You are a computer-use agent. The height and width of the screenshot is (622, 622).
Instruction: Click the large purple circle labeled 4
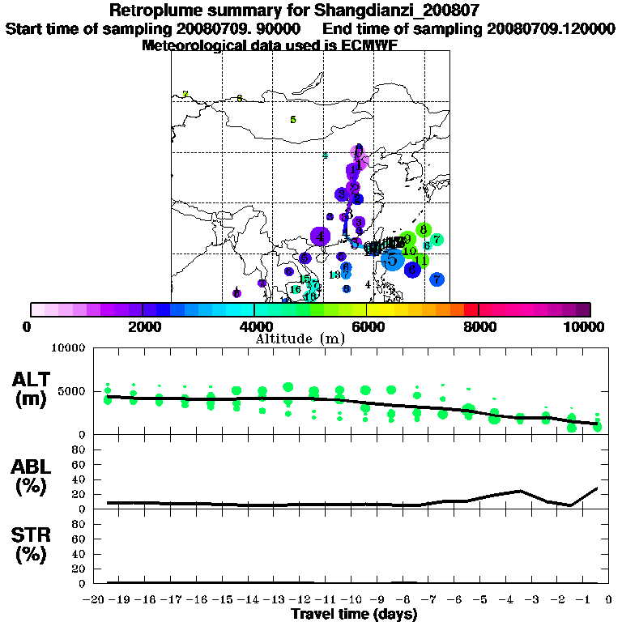click(321, 236)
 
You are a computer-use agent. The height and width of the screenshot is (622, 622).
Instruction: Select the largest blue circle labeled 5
click(392, 259)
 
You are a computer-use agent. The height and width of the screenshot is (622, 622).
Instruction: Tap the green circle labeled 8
click(423, 230)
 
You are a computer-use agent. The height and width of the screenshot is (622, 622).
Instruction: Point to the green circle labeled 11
click(421, 260)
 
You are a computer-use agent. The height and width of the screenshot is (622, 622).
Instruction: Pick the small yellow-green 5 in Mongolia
click(293, 120)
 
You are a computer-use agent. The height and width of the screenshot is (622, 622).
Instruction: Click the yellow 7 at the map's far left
click(185, 94)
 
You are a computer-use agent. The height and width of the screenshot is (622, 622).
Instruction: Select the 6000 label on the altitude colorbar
click(366, 326)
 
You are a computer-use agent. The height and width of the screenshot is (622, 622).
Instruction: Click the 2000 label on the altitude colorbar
click(143, 326)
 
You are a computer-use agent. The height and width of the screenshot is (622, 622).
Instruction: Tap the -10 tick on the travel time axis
click(353, 599)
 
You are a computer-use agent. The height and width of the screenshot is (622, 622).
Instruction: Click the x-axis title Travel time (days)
click(354, 614)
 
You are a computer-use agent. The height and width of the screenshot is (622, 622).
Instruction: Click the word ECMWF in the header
click(373, 45)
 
